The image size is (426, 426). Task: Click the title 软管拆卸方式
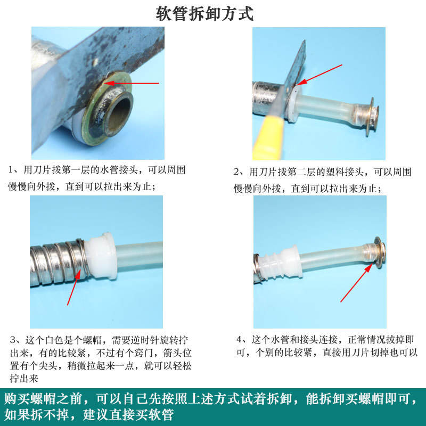pyautogui.click(x=204, y=14)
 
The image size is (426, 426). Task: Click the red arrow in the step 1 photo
pyautogui.click(x=132, y=84)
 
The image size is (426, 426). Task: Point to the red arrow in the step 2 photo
pyautogui.click(x=319, y=75)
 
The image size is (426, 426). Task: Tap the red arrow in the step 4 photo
pyautogui.click(x=356, y=283)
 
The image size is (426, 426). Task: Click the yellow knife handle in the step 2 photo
pyautogui.click(x=268, y=138)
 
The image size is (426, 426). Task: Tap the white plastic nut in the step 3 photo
pyautogui.click(x=100, y=256)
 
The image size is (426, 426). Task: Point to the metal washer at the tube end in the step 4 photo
pyautogui.click(x=379, y=252)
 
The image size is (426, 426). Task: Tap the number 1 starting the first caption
pyautogui.click(x=11, y=170)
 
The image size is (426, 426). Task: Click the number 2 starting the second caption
pyautogui.click(x=236, y=172)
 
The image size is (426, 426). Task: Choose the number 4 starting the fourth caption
pyautogui.click(x=239, y=340)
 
